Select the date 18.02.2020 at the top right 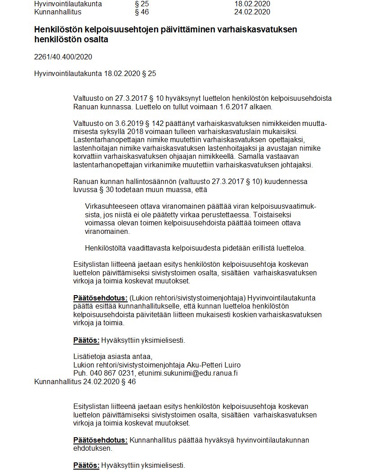[x=252, y=4]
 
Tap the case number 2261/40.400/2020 [x=63, y=57]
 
